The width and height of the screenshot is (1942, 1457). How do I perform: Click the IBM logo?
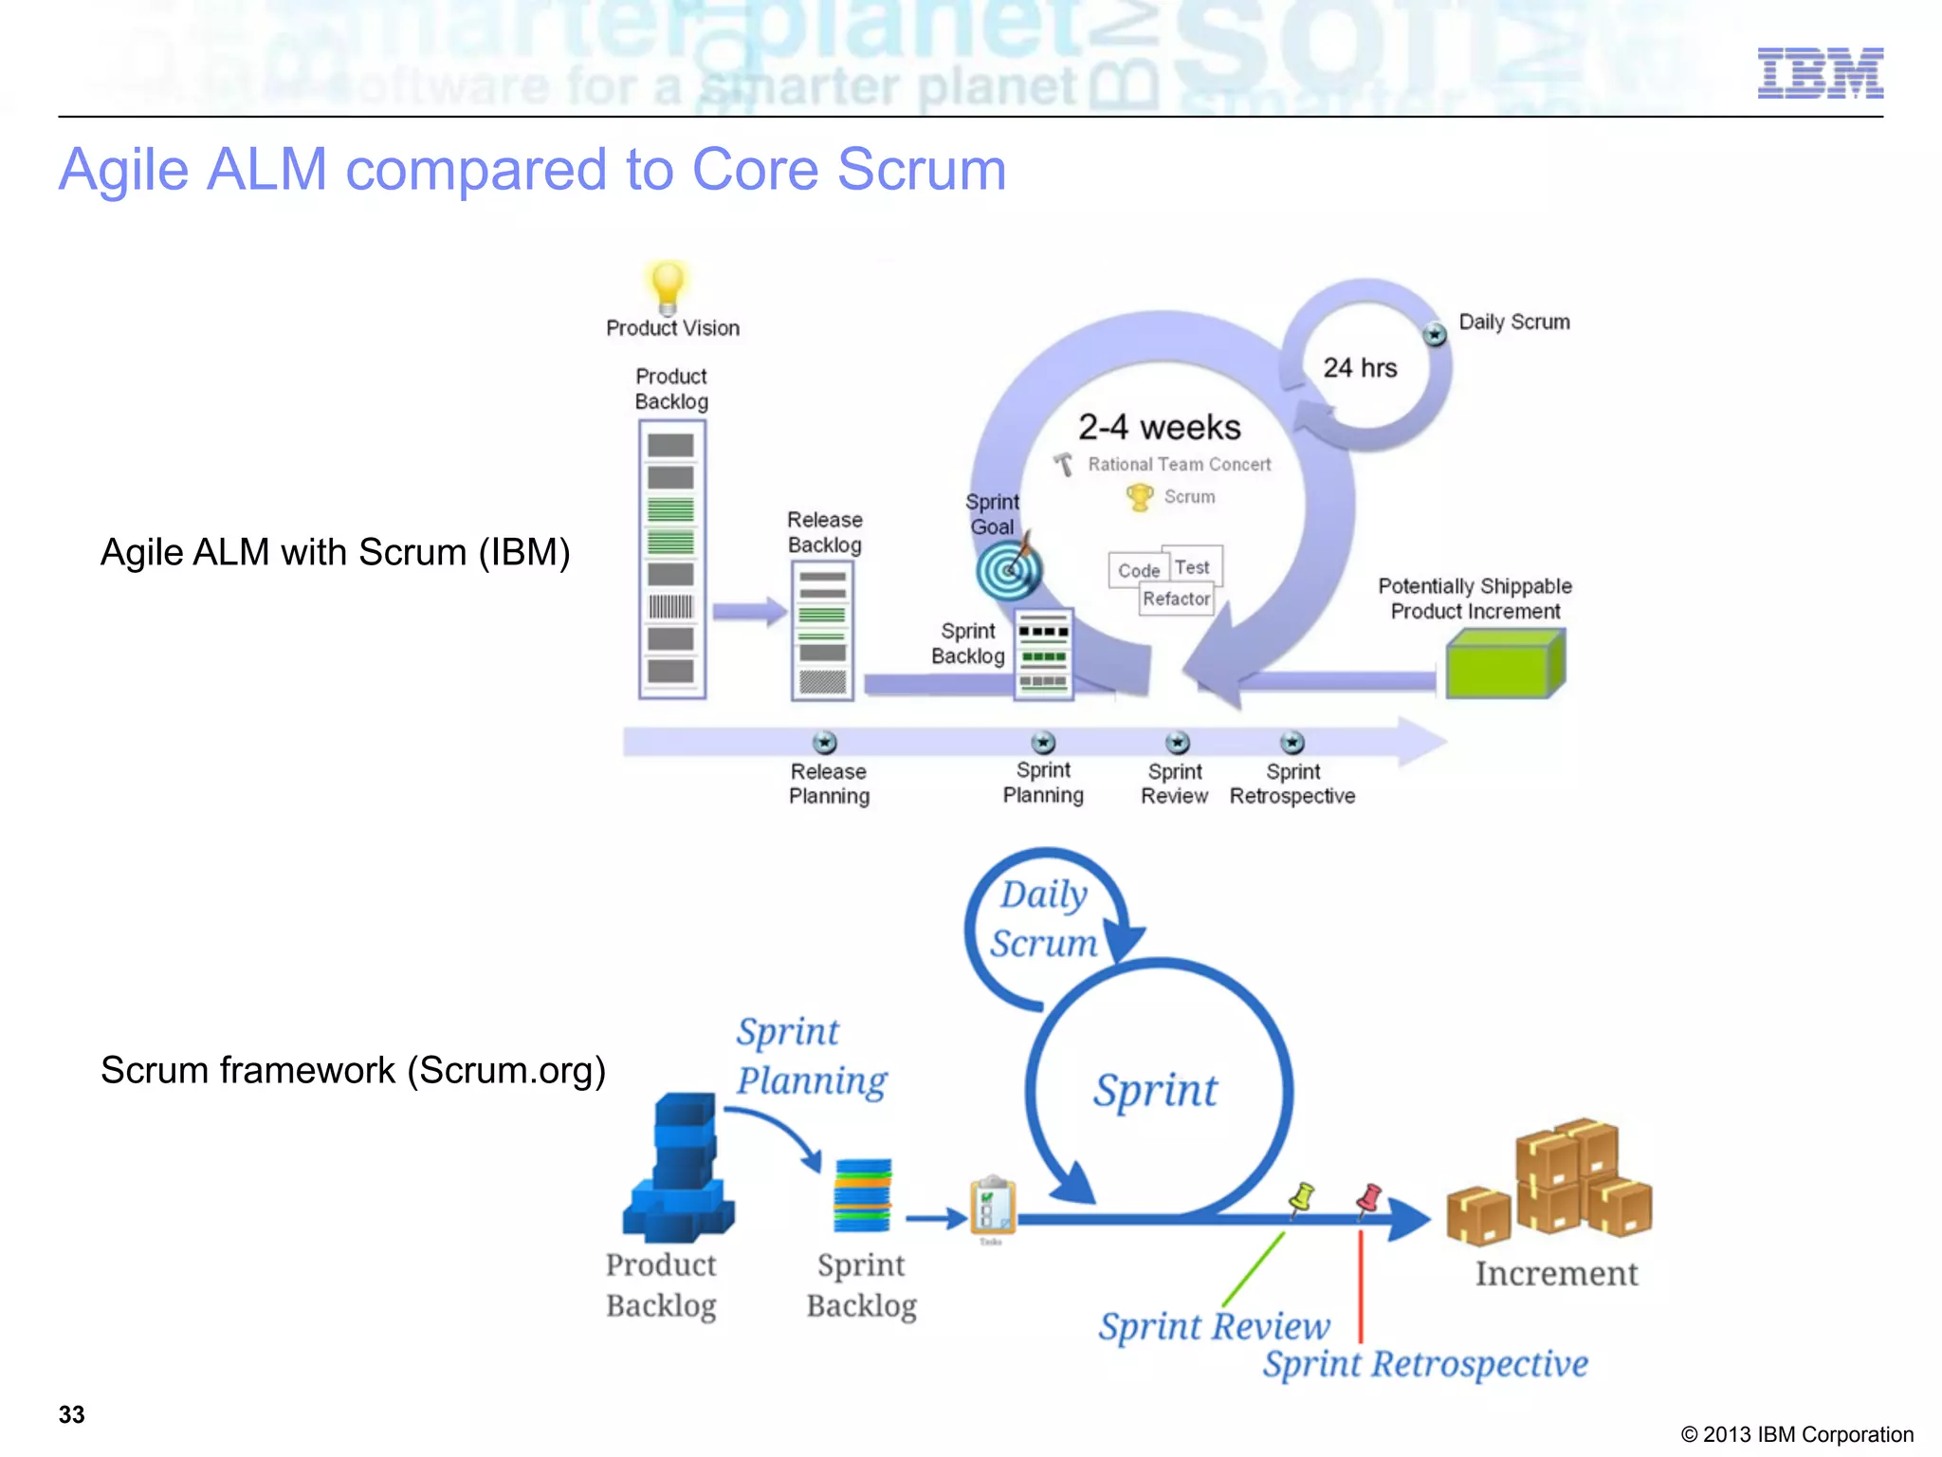[1820, 73]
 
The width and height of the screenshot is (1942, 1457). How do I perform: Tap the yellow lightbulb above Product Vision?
[668, 285]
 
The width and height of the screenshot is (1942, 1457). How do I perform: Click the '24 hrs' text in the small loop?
[1360, 368]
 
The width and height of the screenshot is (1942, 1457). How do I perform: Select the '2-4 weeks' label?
[1159, 428]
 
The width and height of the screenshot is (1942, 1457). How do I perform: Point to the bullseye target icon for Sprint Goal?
[1008, 570]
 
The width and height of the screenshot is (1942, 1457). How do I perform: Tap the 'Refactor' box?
[1176, 599]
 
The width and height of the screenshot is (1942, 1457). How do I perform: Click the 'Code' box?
[1138, 570]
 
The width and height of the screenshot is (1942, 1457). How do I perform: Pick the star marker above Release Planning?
[825, 742]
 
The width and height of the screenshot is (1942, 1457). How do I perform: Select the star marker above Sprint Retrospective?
[1292, 742]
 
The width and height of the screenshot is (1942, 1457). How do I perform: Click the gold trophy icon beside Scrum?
[1139, 497]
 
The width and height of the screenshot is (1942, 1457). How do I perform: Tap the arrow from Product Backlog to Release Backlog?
[749, 612]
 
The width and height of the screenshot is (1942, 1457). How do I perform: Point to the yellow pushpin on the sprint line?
[1303, 1197]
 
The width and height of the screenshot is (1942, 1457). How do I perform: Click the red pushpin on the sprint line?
[1369, 1199]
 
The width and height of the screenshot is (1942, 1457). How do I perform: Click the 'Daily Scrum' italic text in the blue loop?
[1043, 918]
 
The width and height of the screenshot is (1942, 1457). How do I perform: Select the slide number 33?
[72, 1414]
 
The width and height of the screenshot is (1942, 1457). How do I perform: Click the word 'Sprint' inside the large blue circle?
[1155, 1090]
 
